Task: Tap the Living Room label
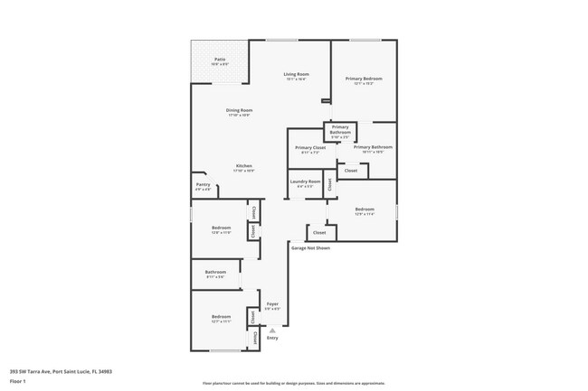pos(296,74)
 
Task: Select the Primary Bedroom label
pos(364,79)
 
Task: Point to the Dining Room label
pos(239,110)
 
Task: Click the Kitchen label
pos(244,166)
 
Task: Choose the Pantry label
pos(203,185)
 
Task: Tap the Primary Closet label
pos(310,147)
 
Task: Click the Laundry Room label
pos(305,182)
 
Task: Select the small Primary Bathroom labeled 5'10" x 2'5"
pos(340,130)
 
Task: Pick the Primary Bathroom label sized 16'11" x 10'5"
pos(373,147)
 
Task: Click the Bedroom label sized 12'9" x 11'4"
pos(364,209)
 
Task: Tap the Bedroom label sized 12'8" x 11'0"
pos(221,228)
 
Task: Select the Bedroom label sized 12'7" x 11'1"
pos(221,317)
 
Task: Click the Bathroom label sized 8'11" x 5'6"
pos(215,272)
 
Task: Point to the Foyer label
pos(271,304)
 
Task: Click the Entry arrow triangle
pos(272,330)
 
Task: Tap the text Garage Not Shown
pos(310,247)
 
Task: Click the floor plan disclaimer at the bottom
pos(293,384)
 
